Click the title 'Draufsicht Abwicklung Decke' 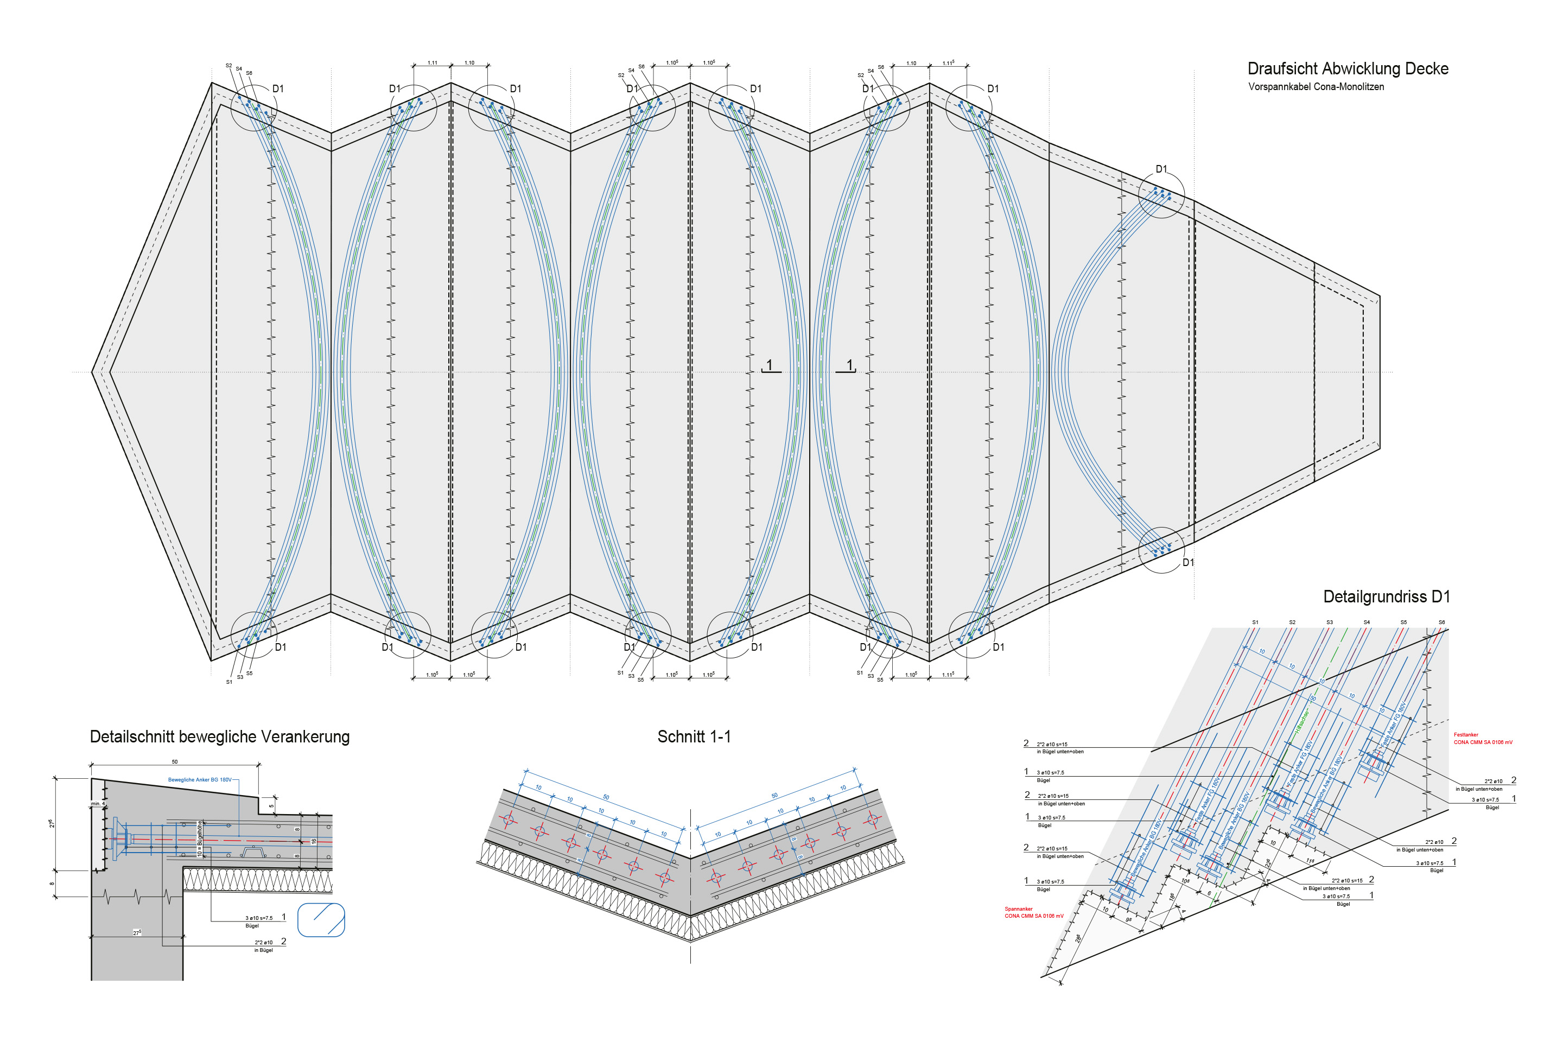click(1347, 68)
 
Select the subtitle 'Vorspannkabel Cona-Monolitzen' click(1316, 87)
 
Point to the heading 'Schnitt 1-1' click(694, 736)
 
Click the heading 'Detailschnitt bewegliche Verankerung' click(219, 736)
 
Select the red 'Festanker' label click(1466, 735)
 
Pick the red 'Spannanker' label click(1019, 908)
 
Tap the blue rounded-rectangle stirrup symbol click(321, 920)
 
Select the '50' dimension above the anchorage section click(175, 762)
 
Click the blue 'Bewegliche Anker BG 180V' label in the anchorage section click(199, 779)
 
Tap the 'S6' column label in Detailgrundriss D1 click(1441, 622)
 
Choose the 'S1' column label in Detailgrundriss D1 click(1255, 622)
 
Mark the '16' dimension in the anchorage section click(314, 841)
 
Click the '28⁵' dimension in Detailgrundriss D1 click(1077, 938)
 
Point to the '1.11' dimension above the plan click(432, 63)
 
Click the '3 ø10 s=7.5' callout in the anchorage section click(258, 918)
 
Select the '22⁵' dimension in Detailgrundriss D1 click(1268, 863)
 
